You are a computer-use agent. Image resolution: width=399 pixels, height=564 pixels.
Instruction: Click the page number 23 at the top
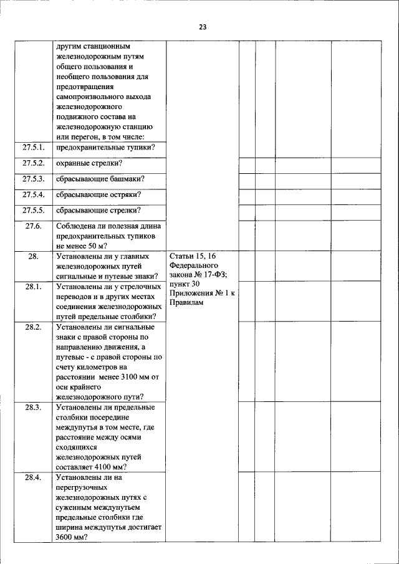tap(203, 27)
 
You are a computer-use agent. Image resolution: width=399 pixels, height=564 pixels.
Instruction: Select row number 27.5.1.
tap(34, 147)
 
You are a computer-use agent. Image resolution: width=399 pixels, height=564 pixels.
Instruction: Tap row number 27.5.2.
tap(34, 163)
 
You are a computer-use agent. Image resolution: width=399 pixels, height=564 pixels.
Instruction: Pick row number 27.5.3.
tap(34, 179)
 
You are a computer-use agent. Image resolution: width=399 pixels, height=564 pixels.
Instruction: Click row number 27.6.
tap(34, 227)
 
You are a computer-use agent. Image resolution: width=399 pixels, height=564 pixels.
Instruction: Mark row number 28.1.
tap(34, 287)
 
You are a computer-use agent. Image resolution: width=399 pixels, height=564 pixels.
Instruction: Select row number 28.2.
tap(34, 327)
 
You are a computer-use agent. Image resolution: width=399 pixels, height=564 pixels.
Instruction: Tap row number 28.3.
tap(34, 407)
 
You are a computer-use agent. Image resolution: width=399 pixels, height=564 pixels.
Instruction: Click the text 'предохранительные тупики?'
tap(105, 147)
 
